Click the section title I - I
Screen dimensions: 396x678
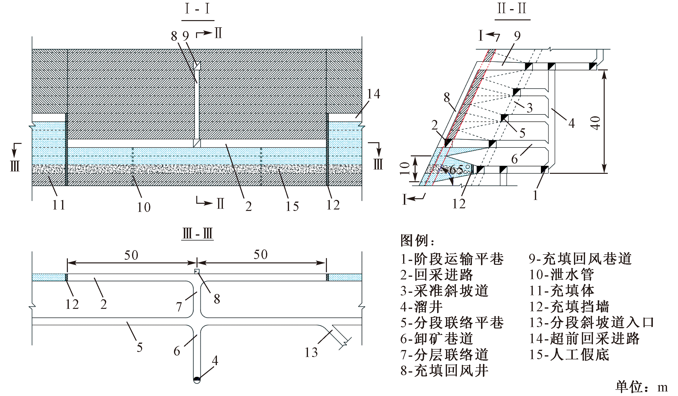tap(197, 9)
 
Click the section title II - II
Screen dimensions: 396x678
tap(512, 8)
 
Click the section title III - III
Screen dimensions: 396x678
tap(197, 233)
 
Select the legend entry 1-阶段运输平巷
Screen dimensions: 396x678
tap(452, 259)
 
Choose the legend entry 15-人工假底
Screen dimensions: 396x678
tap(569, 355)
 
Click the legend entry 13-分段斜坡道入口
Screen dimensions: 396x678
tap(591, 322)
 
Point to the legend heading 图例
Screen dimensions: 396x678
tap(417, 241)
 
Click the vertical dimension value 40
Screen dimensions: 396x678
tap(596, 123)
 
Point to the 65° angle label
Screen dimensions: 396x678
tap(460, 170)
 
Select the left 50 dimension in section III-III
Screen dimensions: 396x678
tap(131, 255)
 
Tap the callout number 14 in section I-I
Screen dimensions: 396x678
tap(373, 94)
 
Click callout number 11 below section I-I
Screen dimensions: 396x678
tap(59, 205)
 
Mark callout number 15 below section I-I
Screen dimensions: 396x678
tap(292, 206)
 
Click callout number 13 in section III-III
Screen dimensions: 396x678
tap(311, 352)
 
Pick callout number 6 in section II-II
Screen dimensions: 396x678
tap(514, 159)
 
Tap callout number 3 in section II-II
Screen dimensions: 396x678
tap(529, 108)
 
